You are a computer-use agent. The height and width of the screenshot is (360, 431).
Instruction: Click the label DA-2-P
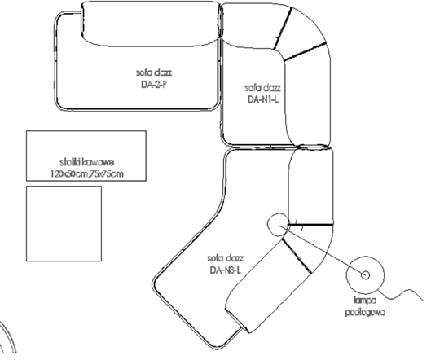click(154, 85)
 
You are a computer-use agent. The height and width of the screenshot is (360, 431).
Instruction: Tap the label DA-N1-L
click(263, 99)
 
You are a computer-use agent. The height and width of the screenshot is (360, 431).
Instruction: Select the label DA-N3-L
click(226, 270)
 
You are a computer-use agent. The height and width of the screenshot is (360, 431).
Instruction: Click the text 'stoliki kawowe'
click(86, 162)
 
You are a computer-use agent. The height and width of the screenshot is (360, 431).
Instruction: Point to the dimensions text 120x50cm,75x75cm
click(87, 174)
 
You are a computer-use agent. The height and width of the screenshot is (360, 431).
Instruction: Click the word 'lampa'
click(365, 301)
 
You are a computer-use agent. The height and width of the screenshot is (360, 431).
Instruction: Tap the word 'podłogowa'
click(365, 312)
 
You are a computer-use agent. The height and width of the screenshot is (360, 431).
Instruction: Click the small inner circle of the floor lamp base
click(365, 274)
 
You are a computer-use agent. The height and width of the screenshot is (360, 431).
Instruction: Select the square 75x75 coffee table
click(64, 223)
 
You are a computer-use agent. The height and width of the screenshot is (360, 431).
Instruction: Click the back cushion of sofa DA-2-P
click(151, 24)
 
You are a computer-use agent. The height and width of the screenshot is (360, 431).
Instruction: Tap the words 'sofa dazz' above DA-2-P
click(154, 72)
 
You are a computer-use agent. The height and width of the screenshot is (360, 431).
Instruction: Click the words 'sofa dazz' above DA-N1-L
click(263, 88)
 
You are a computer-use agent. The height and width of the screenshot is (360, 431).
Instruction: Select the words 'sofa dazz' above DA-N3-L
click(226, 258)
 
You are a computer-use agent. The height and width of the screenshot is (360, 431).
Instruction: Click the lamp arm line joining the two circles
click(322, 250)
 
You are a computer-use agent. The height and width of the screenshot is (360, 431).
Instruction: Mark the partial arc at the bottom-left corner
click(8, 336)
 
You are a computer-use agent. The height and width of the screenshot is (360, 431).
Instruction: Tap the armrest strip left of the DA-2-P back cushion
click(68, 60)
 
